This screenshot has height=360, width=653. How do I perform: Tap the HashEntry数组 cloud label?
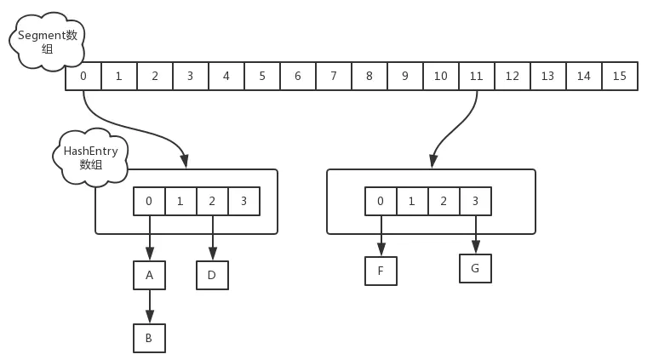(90, 157)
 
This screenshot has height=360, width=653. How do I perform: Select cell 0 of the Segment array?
(83, 76)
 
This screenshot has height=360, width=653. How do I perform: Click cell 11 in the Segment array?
(476, 76)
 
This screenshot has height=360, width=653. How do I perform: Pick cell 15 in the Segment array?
(619, 76)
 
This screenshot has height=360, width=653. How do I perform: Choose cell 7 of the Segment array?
(333, 76)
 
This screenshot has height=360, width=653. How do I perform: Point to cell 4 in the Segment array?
(226, 76)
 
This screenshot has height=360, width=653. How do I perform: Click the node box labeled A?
(149, 275)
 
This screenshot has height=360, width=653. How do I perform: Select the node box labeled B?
(149, 337)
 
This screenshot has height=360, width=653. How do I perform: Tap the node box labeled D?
(212, 275)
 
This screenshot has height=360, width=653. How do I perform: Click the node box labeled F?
(381, 271)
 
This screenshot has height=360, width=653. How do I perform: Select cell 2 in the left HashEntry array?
(212, 201)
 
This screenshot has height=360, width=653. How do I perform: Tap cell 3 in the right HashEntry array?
(475, 201)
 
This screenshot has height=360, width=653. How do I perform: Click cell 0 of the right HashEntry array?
(381, 201)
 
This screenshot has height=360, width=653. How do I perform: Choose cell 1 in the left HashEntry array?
(180, 201)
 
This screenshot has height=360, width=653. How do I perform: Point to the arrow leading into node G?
(475, 234)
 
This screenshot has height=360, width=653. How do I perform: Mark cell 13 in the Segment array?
(547, 76)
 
